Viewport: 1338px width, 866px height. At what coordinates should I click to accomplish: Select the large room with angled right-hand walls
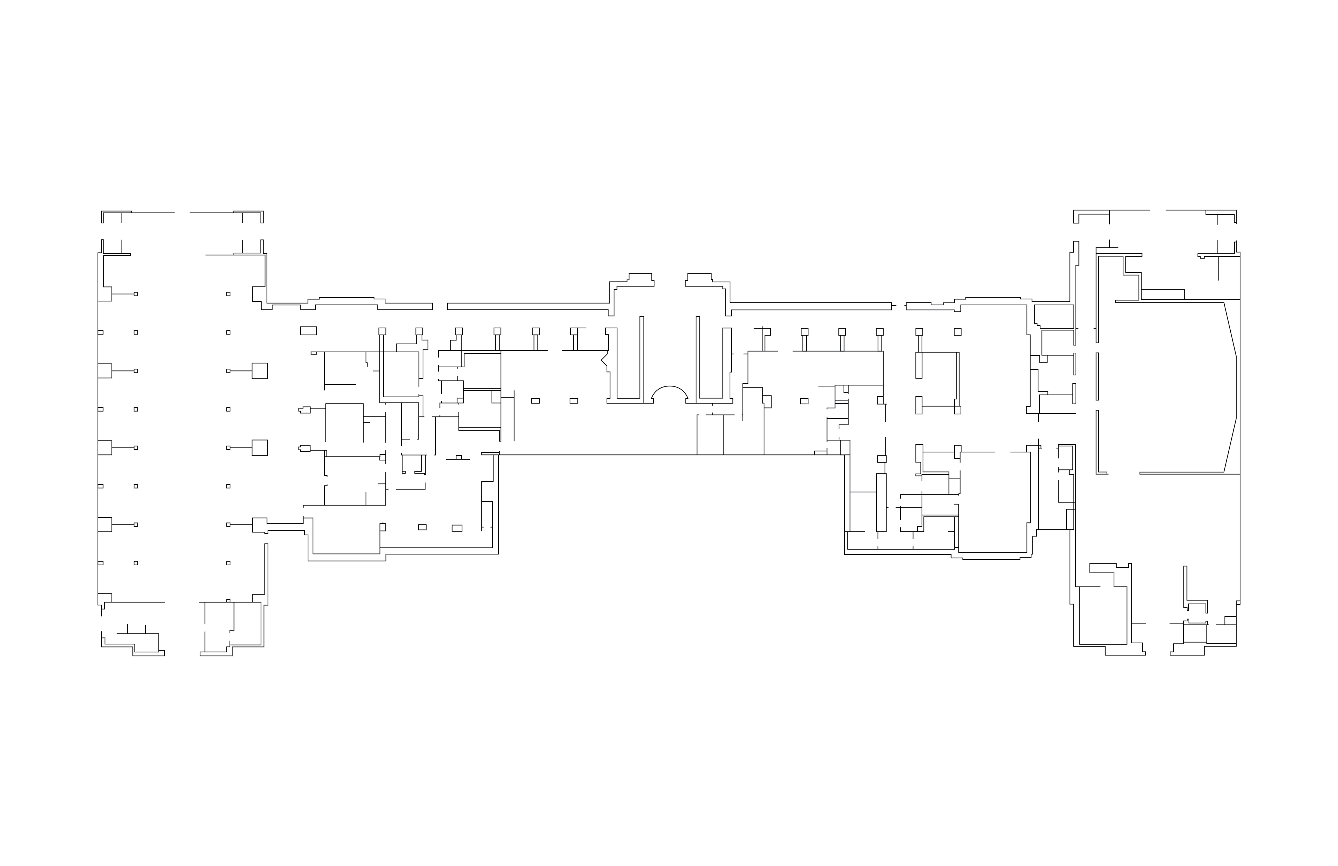(x=1169, y=388)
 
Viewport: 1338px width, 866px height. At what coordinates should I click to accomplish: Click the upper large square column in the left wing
(x=260, y=371)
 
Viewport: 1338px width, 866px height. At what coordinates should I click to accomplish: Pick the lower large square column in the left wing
(x=260, y=447)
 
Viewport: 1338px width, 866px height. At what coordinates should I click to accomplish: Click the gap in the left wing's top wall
(x=182, y=213)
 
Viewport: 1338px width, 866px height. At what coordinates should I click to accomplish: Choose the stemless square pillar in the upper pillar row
(x=958, y=332)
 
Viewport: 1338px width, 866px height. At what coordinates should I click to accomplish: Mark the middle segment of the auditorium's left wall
(x=1097, y=377)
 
